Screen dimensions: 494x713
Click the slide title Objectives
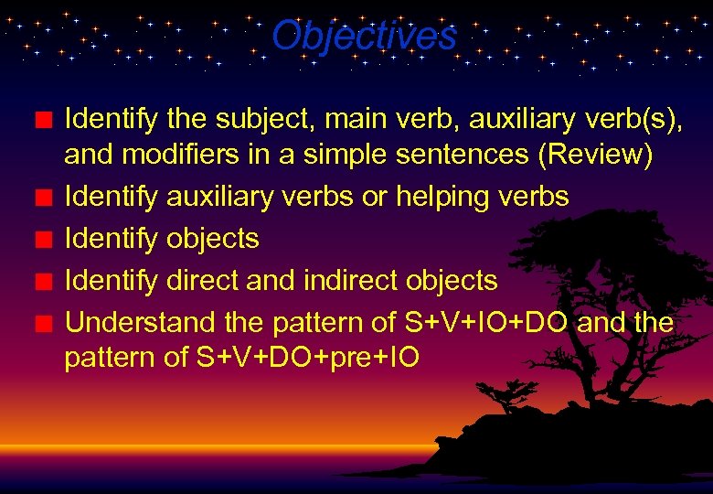click(x=364, y=37)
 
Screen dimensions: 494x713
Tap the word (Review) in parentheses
click(x=595, y=156)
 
